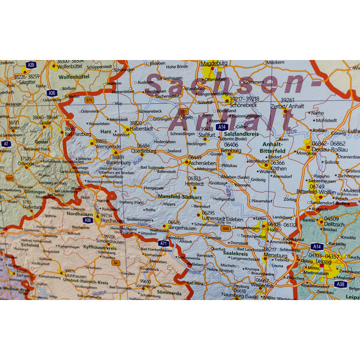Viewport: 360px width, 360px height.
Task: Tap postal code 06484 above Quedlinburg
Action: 143,146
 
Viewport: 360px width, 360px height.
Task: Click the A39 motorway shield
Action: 31,65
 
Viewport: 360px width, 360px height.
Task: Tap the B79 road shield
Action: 89,100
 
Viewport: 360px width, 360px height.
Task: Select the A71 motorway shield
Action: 163,243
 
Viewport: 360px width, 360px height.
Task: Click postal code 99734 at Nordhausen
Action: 106,215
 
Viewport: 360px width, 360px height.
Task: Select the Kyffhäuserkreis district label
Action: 101,248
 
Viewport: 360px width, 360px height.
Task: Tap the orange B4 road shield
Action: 115,262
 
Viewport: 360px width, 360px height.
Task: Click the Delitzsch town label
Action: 331,224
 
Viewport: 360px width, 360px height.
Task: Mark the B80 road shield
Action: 226,229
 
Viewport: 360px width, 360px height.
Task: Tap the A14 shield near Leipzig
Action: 317,246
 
